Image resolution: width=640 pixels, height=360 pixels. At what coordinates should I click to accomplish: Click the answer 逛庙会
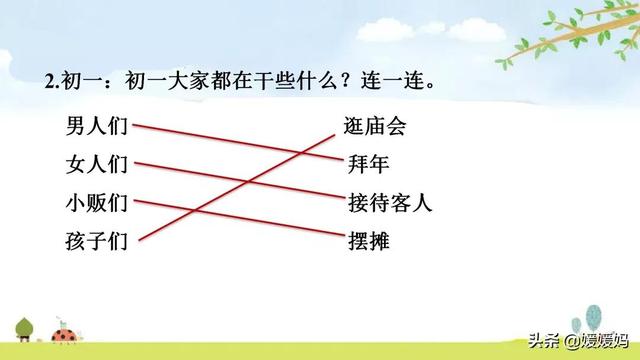click(x=375, y=126)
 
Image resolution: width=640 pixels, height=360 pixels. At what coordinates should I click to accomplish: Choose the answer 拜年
click(x=368, y=164)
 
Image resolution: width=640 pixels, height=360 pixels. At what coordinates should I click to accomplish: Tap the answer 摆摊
click(x=368, y=240)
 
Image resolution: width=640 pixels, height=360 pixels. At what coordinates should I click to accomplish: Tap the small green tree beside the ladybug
click(x=24, y=326)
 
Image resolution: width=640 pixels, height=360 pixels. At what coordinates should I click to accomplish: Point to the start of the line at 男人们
click(x=134, y=126)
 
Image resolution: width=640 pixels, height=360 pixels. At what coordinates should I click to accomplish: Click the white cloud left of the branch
click(x=480, y=40)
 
